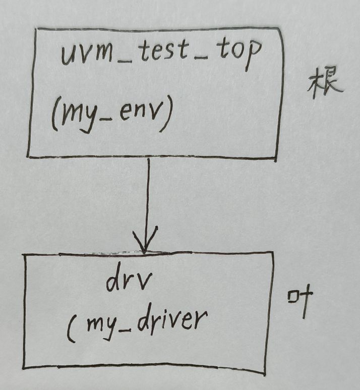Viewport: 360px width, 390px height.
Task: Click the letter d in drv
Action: click(x=112, y=283)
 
